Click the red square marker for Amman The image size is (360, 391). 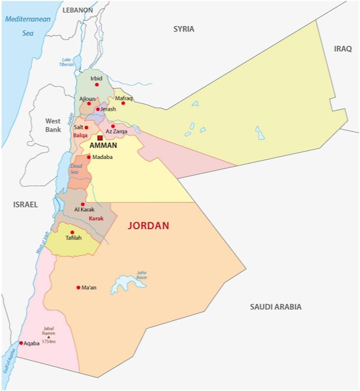coord(100,138)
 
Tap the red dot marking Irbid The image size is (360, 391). coord(97,84)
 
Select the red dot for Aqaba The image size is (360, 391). coord(21,343)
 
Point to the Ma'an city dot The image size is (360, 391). coord(78,288)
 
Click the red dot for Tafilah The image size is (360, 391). coord(72,232)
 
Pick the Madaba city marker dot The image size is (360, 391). coord(89,157)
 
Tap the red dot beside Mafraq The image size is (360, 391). coord(123,103)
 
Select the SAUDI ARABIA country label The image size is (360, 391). coord(275,307)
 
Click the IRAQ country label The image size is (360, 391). coord(343,49)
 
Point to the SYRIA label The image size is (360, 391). coord(183,29)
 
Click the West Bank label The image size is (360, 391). coord(53,125)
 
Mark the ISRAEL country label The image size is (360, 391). coord(25,205)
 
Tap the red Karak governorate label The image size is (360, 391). coord(96,219)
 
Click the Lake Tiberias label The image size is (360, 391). coord(67,62)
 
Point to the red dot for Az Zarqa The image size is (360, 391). coord(113,126)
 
